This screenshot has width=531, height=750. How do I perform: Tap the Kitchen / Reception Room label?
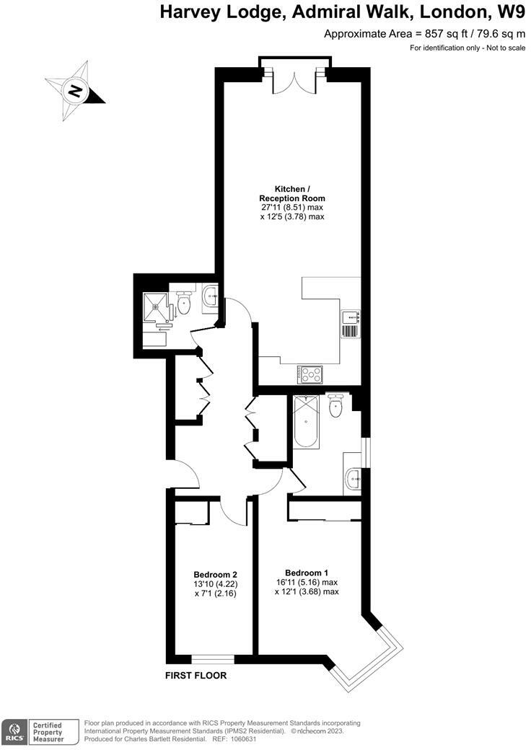click(292, 193)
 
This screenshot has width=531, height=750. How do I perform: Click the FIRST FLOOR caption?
click(196, 676)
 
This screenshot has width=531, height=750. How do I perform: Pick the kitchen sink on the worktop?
click(350, 316)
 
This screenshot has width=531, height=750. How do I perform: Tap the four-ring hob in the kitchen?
click(311, 374)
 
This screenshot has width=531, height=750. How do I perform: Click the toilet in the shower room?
click(185, 304)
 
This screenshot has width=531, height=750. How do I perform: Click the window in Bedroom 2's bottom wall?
click(213, 658)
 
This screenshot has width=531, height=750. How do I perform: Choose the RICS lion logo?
click(14, 731)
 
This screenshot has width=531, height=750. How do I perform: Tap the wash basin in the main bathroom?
click(354, 477)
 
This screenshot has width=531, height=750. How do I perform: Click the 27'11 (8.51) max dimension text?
click(292, 207)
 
